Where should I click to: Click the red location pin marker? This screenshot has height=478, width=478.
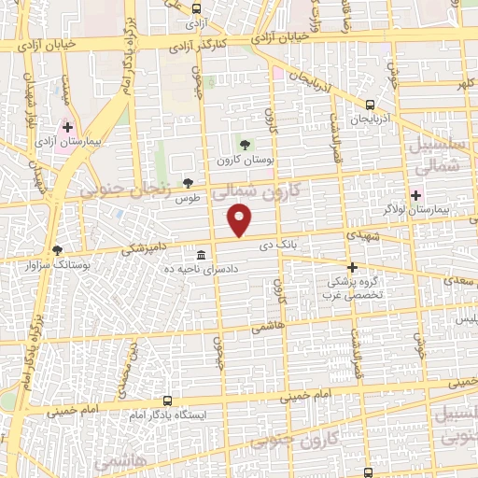coord(241,220)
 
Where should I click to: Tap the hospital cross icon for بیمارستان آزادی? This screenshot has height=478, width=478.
coord(67,126)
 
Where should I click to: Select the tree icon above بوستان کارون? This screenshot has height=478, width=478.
coord(245,145)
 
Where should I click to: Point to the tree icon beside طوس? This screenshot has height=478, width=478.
coord(189,183)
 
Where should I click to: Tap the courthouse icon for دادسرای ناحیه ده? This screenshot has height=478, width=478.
coord(202,255)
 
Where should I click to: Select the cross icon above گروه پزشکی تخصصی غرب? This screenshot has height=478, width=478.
coord(352,267)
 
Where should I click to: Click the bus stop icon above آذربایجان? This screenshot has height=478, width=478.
coord(371,105)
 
